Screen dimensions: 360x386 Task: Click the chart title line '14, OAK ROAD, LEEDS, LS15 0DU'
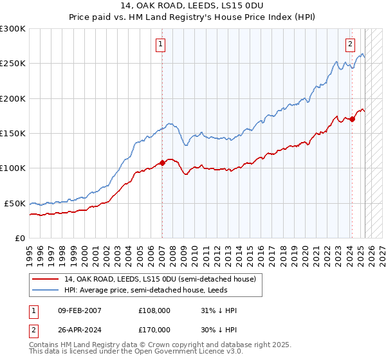192,5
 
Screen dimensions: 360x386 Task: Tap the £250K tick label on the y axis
13,64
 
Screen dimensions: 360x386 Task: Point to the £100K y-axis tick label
13,168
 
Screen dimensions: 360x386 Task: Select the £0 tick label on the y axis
21,238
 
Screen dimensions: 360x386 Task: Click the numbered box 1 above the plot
160,44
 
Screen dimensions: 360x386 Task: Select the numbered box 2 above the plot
350,44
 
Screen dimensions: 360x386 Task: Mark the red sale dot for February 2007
162,163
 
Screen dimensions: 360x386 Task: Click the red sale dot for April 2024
353,120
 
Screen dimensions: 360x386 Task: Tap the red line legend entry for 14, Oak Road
160,279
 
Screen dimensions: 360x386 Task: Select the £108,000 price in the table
154,310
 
